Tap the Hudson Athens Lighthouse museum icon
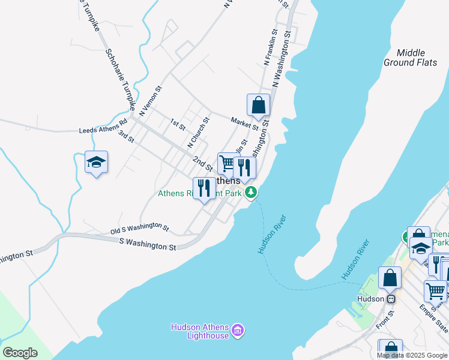238,329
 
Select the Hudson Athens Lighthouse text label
200,331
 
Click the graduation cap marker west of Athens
96,162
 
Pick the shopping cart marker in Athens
228,163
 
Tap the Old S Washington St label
139,227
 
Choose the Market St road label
245,124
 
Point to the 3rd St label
125,136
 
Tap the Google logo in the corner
20,353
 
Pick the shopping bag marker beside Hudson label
390,279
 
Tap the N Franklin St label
269,47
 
